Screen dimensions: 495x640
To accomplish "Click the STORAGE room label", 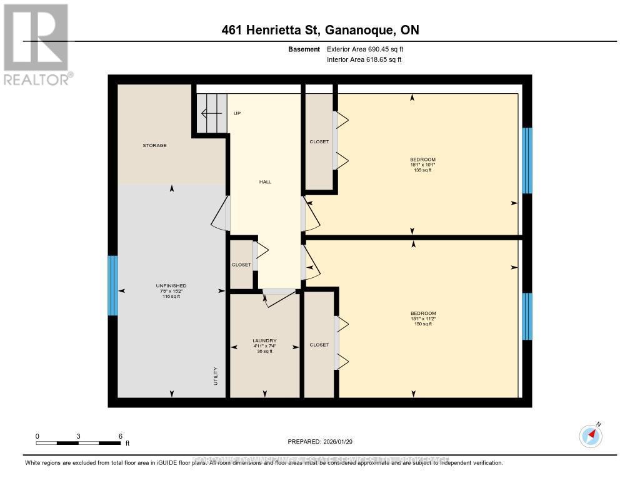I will pyautogui.click(x=154, y=145).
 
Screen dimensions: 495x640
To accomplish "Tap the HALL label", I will pyautogui.click(x=265, y=182).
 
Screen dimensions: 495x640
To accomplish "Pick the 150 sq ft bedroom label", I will pyautogui.click(x=423, y=318).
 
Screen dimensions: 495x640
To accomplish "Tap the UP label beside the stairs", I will pyautogui.click(x=237, y=113).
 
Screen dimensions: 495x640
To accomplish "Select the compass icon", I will pyautogui.click(x=590, y=436).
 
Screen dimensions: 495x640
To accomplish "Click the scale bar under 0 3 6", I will pyautogui.click(x=78, y=443).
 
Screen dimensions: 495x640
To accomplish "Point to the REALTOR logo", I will pyautogui.click(x=36, y=44).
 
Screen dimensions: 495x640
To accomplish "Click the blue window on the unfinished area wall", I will pyautogui.click(x=112, y=285).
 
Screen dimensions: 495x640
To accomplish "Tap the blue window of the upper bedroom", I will pyautogui.click(x=527, y=161).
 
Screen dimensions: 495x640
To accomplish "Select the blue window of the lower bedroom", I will pyautogui.click(x=527, y=316).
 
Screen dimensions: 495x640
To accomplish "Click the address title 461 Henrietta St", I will pyautogui.click(x=320, y=30).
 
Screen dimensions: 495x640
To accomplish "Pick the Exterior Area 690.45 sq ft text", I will pyautogui.click(x=365, y=49).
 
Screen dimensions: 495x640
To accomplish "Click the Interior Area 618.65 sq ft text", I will pyautogui.click(x=364, y=59).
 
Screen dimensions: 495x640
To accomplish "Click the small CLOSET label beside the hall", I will pyautogui.click(x=241, y=265).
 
